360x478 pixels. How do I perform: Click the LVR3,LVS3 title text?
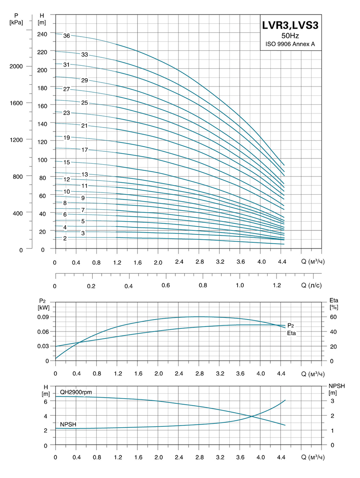(290, 26)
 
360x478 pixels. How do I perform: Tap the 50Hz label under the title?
(290, 36)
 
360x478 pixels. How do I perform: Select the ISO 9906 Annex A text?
(290, 44)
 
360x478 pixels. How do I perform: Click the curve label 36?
(67, 35)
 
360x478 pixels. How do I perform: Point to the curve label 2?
(65, 238)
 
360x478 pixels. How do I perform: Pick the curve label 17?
(85, 150)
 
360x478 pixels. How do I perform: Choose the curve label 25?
(85, 103)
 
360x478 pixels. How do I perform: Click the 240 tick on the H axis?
(42, 34)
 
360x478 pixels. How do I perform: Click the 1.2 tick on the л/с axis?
(277, 286)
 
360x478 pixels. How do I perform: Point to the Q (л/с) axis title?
(312, 286)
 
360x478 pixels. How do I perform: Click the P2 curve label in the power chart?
(291, 325)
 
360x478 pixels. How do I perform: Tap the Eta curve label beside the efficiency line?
(292, 333)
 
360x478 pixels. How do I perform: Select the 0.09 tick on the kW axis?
(43, 317)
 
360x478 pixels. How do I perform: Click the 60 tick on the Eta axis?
(333, 317)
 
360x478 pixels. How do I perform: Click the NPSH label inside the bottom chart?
(68, 425)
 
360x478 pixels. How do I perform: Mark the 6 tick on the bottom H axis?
(45, 401)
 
